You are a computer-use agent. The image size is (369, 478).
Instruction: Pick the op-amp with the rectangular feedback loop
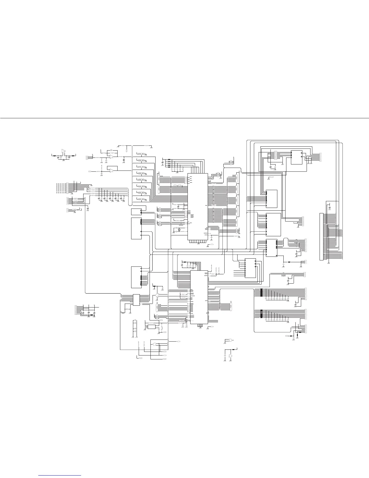tap(112, 170)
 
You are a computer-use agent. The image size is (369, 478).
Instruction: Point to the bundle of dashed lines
tap(60, 187)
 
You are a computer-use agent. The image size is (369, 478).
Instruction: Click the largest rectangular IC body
tap(197, 207)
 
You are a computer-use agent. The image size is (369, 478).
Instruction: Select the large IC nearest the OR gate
tap(199, 297)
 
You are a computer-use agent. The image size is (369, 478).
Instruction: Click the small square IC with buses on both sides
tap(136, 300)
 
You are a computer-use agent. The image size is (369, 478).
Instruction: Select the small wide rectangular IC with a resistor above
tap(152, 327)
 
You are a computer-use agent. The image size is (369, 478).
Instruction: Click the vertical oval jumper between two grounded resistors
tap(128, 148)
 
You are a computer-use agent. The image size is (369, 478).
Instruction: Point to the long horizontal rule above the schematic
tap(184, 118)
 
